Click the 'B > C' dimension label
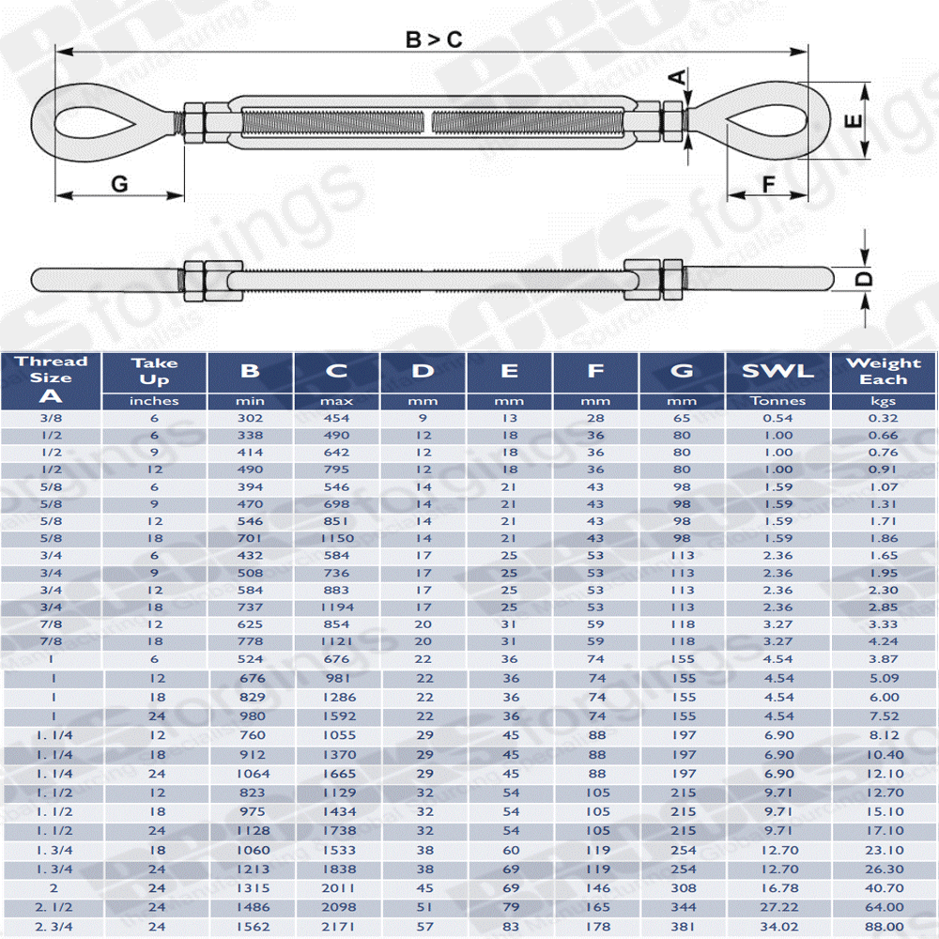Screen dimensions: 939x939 pyautogui.click(x=434, y=39)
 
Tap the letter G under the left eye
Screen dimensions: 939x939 pyautogui.click(x=120, y=183)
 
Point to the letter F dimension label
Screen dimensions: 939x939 pyautogui.click(x=768, y=184)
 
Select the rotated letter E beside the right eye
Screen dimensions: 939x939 pyautogui.click(x=853, y=121)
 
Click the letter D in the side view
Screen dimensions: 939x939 pyautogui.click(x=863, y=279)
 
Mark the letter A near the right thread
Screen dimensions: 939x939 pyautogui.click(x=677, y=77)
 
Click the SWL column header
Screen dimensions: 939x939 pyautogui.click(x=777, y=371)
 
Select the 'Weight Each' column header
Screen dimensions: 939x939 pyautogui.click(x=884, y=371)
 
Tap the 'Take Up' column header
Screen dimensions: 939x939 pyautogui.click(x=155, y=371)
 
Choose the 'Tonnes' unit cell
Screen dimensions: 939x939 pyautogui.click(x=777, y=401)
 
